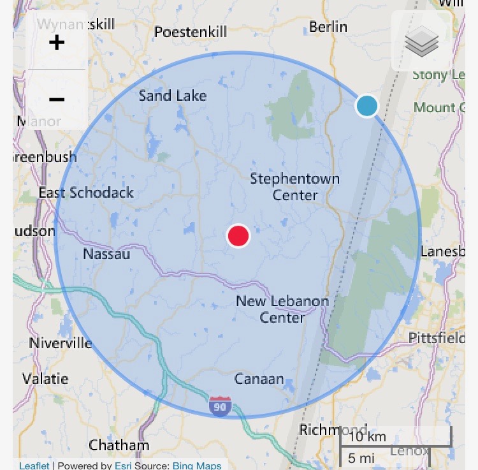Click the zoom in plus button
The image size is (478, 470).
pos(57,43)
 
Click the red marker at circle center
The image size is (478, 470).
pos(238,236)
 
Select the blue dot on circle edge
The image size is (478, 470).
pos(366,106)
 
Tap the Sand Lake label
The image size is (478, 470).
pos(173,96)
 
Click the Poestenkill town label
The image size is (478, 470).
pos(191,31)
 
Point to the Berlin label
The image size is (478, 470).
pos(328,27)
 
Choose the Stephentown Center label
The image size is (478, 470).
pos(294,187)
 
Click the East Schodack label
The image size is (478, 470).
pos(86,193)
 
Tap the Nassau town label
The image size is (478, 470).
pos(106,254)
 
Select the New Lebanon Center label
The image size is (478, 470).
pos(282,309)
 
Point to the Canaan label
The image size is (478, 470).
pos(259,379)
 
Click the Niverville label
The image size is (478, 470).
pos(61,343)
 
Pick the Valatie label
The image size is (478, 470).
pos(45,379)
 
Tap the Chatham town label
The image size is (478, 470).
pos(119,444)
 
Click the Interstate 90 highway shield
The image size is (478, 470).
pos(220,406)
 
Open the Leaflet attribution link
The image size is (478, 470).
pos(34,466)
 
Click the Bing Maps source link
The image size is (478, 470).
pos(197,466)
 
